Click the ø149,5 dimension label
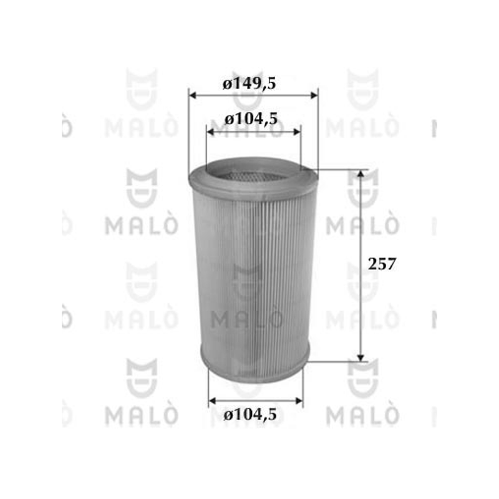click(x=249, y=84)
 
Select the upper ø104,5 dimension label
click(x=251, y=119)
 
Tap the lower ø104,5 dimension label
click(x=250, y=415)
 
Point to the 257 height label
click(x=382, y=264)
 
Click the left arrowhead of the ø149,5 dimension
click(x=192, y=95)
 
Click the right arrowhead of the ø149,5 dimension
click(x=314, y=95)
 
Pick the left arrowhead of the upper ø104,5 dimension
click(x=210, y=132)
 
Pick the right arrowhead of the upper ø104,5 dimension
click(x=297, y=132)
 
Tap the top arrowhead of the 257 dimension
click(x=361, y=173)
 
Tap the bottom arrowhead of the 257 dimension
click(x=361, y=357)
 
